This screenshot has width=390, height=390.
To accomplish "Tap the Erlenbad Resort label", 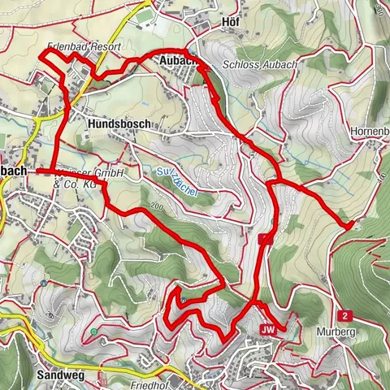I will pos(84,48).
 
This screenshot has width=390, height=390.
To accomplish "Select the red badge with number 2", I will pos(345,315).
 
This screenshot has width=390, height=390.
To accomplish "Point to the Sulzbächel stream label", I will pos(177,184).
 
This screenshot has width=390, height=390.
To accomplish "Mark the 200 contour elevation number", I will pos(157,209).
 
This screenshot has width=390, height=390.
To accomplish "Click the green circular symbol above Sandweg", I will pos(95,331).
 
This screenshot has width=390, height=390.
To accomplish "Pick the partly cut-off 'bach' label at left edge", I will pos(14,171).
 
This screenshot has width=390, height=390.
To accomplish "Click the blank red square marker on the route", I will pos(264,239).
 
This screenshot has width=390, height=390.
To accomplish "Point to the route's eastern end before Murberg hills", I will pos(349,223).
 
